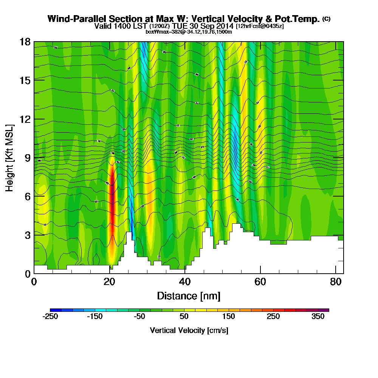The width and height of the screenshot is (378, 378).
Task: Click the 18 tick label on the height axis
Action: pyautogui.click(x=25, y=42)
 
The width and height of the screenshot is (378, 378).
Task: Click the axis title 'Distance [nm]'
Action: pyautogui.click(x=189, y=296)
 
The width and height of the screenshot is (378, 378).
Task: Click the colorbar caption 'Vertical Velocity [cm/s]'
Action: pyautogui.click(x=189, y=330)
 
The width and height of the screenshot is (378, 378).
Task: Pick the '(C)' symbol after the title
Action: pyautogui.click(x=326, y=19)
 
